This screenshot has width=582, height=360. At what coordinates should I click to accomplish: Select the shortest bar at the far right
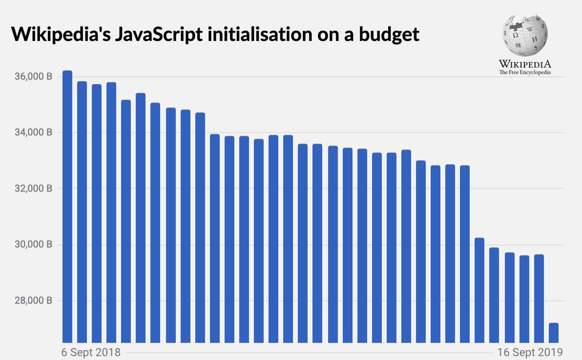pos(554,333)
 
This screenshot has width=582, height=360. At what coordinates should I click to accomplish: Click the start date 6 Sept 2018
pos(91,352)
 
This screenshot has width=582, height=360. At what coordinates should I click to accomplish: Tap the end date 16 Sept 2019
pos(530,352)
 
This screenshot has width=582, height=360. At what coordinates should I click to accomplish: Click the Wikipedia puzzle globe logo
pos(525,34)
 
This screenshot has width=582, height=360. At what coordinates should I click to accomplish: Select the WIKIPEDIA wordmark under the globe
pos(525,64)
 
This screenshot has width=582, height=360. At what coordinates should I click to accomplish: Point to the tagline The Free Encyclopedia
pos(525,72)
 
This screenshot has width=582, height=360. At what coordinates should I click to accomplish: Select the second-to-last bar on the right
pos(539,298)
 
